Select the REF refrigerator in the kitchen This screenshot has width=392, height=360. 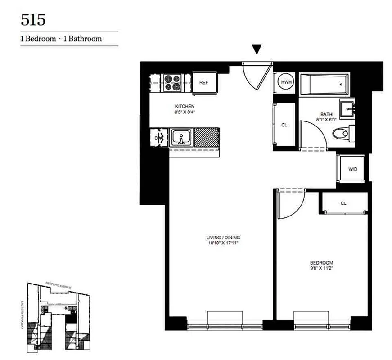pos(204,82)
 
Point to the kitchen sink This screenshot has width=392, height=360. pos(181,137)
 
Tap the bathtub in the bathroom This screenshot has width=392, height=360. pos(324,84)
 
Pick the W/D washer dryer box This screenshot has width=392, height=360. pos(352,169)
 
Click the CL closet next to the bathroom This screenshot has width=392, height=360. pos(284,125)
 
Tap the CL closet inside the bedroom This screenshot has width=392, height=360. pos(343,203)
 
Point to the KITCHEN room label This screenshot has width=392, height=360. pos(185,106)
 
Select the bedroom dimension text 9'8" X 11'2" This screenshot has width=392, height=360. pos(321,268)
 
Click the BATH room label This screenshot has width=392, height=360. pos(326,114)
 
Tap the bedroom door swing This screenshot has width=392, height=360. pos(289,202)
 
